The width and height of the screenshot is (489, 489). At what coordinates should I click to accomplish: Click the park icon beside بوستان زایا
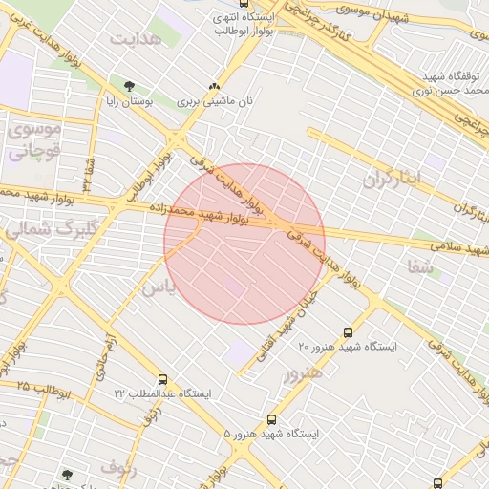coord(129,87)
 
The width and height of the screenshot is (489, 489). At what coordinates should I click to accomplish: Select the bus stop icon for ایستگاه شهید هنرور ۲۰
coord(348,333)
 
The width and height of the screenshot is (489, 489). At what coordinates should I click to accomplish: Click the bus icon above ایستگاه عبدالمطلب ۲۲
coord(162,380)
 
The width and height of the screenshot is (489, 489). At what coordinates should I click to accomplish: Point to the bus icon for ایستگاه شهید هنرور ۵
coord(272,419)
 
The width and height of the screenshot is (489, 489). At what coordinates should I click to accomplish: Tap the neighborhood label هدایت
coord(132,39)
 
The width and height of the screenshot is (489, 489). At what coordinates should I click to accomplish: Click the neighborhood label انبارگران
coord(391,179)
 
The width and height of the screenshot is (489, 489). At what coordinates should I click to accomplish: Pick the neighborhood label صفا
coord(421,265)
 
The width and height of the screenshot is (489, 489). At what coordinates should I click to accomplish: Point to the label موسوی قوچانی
coord(33,138)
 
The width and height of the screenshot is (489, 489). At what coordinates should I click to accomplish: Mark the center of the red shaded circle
coord(244,244)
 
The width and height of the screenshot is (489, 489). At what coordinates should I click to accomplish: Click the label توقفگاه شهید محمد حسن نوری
coord(449,82)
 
